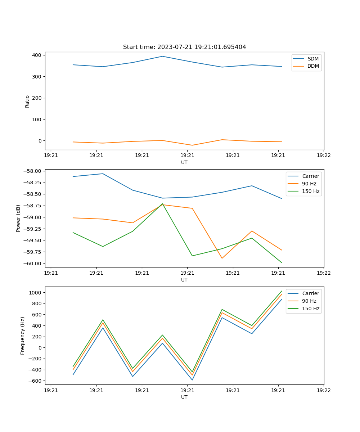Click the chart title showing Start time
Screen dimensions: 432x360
tap(184, 47)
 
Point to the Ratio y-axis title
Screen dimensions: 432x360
tap(27, 101)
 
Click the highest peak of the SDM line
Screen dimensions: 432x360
tap(162, 56)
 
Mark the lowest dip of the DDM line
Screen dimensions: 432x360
tap(192, 145)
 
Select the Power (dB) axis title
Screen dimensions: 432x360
tap(18, 218)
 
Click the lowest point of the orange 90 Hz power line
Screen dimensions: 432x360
tap(222, 258)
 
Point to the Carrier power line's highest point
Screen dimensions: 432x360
tap(103, 174)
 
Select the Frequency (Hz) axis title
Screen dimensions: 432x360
tap(23, 336)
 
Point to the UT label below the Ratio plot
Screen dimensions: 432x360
tap(184, 162)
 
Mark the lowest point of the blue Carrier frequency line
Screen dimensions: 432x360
tap(192, 380)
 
